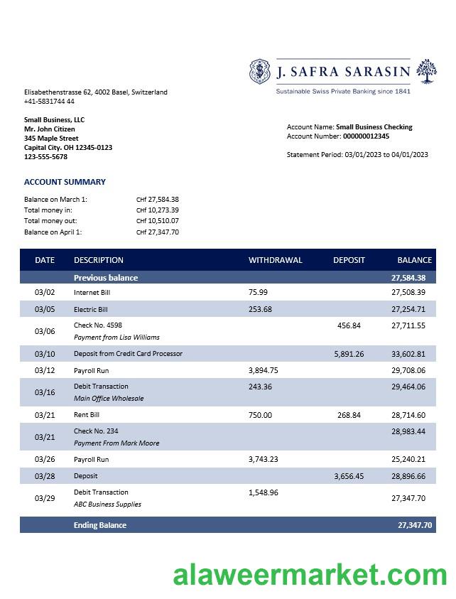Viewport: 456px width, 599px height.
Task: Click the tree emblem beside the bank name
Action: pos(426,71)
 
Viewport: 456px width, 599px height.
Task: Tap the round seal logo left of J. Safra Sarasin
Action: pos(261,72)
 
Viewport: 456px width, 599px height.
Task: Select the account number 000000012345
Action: pos(366,136)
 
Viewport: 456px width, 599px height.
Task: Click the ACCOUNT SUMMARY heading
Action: pos(65,182)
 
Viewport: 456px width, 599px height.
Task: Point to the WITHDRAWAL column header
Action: pos(275,260)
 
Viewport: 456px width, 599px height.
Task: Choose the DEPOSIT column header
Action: pos(349,260)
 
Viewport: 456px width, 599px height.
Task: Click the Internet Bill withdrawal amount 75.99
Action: pos(259,292)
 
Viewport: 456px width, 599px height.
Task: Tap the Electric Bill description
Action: pos(91,310)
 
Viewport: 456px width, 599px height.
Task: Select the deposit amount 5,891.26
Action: pos(349,354)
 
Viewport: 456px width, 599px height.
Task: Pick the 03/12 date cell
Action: pos(45,370)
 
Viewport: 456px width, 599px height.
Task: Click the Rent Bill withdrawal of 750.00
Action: pos(260,415)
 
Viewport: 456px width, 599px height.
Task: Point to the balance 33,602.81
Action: pos(408,354)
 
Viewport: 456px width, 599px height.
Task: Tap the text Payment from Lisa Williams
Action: pos(116,338)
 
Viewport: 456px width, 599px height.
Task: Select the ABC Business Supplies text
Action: pos(107,504)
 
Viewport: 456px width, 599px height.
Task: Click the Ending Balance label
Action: pos(100,525)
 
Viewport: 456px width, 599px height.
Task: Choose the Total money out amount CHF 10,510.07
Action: pos(158,221)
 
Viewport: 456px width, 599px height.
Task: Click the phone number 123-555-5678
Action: pos(45,157)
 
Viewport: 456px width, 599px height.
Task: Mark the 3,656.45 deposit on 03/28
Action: pos(349,476)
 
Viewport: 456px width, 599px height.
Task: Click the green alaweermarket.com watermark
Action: pos(310,575)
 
